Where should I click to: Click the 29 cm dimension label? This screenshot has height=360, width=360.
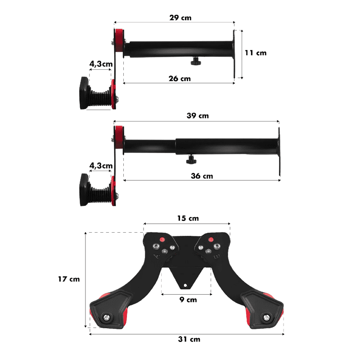click(x=180, y=18)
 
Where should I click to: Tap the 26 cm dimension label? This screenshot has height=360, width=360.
click(x=180, y=78)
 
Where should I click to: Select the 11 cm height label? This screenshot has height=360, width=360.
click(x=256, y=53)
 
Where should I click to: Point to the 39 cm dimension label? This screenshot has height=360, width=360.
click(x=198, y=116)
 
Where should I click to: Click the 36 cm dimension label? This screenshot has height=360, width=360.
click(x=202, y=176)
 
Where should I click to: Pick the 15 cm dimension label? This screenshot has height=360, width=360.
click(x=188, y=218)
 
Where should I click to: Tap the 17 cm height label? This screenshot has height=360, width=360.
click(x=69, y=279)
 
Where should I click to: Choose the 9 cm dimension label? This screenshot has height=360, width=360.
click(x=188, y=300)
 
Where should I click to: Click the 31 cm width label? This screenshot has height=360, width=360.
click(x=189, y=339)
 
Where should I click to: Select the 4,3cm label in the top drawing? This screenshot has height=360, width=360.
click(x=101, y=64)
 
